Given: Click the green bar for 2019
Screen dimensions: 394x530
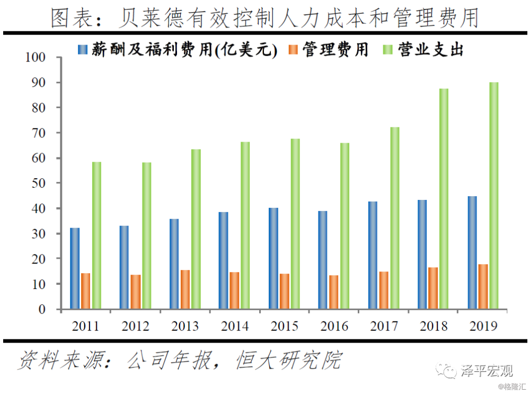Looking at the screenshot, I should [493, 196].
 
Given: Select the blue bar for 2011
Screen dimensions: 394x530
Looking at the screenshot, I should [75, 268].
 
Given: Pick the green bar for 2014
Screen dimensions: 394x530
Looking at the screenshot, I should [245, 225].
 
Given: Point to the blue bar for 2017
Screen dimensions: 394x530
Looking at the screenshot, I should [373, 255].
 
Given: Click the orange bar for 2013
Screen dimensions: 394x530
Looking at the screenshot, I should [185, 290].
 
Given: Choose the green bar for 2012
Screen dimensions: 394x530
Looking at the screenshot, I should [146, 235].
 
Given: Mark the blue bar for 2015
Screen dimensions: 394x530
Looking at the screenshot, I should [273, 258].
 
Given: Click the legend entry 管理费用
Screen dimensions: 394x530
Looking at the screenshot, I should [335, 50].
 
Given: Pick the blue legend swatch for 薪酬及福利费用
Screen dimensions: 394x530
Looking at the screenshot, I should [83, 50].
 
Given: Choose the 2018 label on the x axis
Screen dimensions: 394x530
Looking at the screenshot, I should [434, 325].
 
